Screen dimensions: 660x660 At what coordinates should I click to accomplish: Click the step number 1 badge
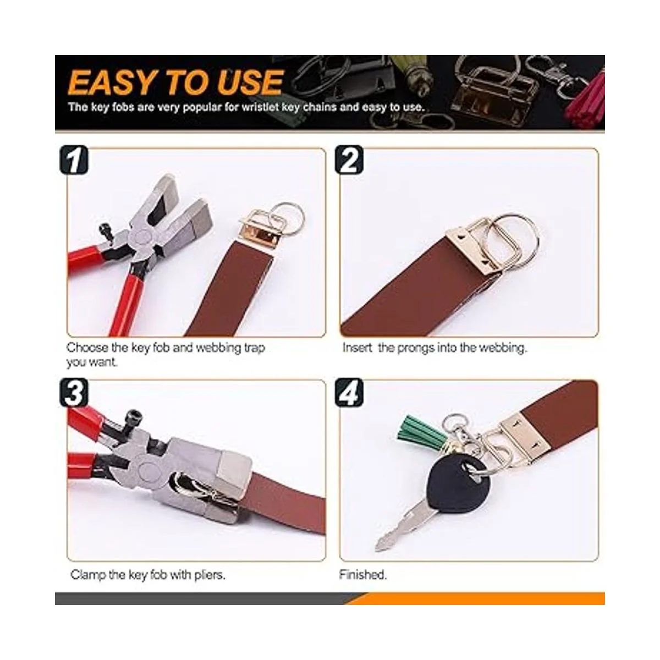coord(74,159)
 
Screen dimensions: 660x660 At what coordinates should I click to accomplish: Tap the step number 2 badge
coord(349,159)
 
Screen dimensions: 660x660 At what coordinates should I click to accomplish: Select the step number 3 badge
coord(74,393)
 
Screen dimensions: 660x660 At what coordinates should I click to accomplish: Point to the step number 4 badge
coord(349,393)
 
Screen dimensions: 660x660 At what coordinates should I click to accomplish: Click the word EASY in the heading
coord(111,82)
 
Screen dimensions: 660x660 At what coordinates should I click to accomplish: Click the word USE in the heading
coord(250,82)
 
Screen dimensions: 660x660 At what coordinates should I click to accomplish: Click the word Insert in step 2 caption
coord(357,348)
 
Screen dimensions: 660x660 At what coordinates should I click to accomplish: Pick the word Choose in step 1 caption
coord(87,348)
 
